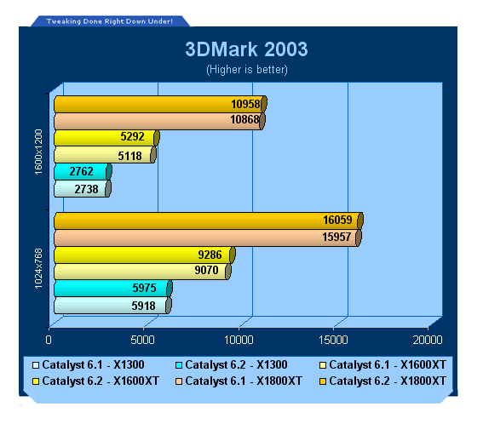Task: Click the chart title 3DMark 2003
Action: click(246, 49)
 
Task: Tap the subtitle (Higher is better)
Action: click(247, 70)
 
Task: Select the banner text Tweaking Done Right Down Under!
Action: click(109, 21)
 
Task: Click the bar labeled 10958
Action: click(160, 104)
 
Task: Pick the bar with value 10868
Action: click(159, 121)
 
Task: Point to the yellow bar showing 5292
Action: click(106, 138)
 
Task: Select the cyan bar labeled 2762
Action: click(83, 171)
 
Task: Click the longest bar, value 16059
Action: click(209, 221)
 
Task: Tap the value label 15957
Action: click(336, 237)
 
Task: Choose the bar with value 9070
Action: click(142, 272)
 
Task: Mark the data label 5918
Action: click(144, 306)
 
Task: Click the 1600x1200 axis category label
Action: click(38, 152)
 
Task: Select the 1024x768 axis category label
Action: click(38, 269)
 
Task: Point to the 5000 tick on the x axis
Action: click(142, 340)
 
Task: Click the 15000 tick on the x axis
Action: click(333, 340)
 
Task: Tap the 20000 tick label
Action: click(428, 340)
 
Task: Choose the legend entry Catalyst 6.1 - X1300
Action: click(89, 365)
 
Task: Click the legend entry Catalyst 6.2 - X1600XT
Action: click(95, 381)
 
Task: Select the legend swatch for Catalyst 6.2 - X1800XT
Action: click(323, 381)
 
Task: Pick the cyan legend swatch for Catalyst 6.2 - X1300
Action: click(179, 365)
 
